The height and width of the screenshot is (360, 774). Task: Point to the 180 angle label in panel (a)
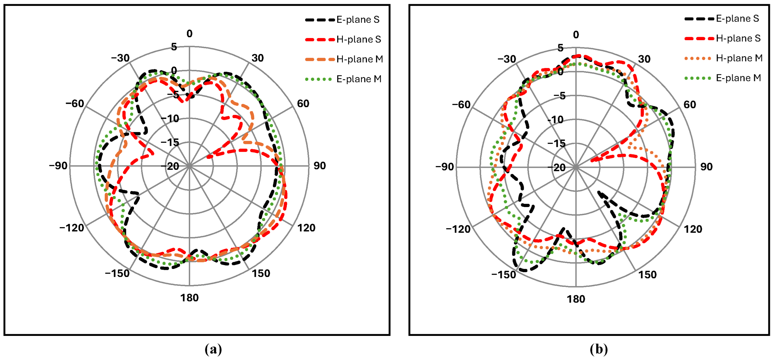(x=189, y=298)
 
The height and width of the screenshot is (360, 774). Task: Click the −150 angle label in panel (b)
(x=504, y=275)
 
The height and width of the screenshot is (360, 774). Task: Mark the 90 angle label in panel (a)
(x=320, y=166)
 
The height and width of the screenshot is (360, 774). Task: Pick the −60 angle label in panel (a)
(x=75, y=104)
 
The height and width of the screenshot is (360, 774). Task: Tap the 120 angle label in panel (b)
(x=693, y=229)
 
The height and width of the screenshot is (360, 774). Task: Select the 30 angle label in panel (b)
(x=644, y=59)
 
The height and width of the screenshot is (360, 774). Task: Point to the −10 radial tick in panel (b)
(x=555, y=120)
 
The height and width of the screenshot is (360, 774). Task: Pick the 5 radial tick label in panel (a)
(x=174, y=47)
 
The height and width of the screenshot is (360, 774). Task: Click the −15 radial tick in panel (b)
(x=556, y=144)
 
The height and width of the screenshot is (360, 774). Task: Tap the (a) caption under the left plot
(x=213, y=349)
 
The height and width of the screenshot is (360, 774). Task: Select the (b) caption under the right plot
(x=598, y=349)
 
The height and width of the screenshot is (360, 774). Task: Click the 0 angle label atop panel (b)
(x=576, y=35)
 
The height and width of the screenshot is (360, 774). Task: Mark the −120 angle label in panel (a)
(x=71, y=228)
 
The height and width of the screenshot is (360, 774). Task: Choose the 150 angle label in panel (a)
(x=261, y=273)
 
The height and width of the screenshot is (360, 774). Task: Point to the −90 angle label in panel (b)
(x=445, y=167)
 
